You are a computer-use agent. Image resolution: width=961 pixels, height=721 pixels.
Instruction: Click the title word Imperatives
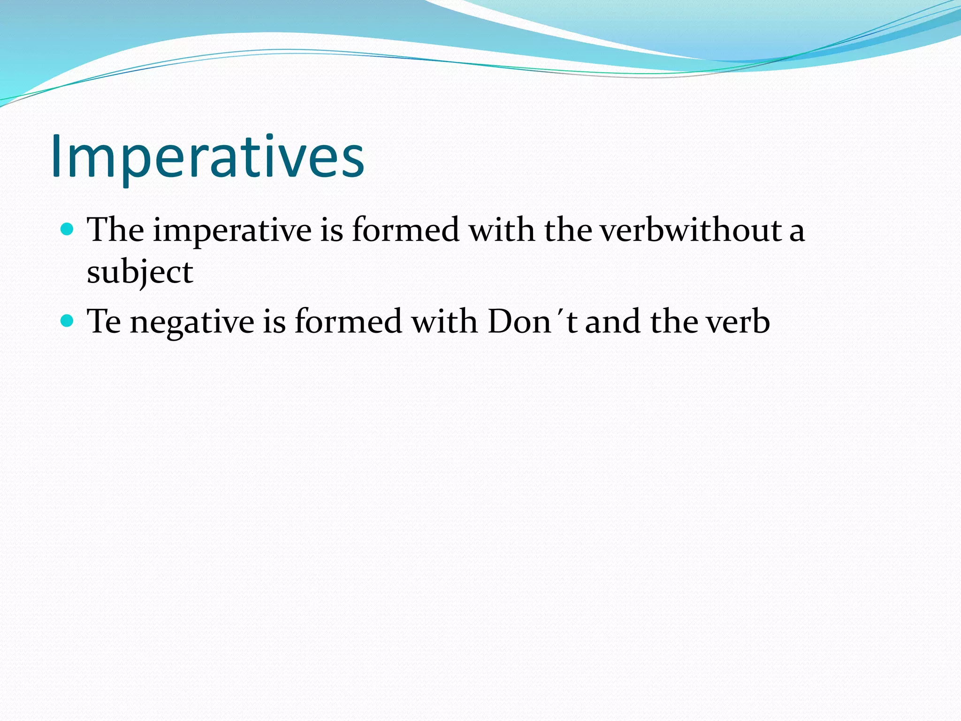click(207, 156)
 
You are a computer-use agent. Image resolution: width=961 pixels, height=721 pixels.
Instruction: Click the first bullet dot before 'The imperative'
click(68, 230)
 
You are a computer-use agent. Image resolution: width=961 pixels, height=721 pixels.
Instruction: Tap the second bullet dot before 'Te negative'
click(68, 321)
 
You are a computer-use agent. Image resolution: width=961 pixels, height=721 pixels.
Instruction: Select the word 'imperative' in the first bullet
click(232, 231)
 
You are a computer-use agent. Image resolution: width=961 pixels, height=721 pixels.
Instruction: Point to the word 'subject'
click(140, 272)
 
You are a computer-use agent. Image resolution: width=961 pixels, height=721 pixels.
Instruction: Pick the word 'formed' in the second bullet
click(348, 322)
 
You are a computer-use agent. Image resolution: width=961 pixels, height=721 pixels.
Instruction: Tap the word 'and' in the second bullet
click(612, 322)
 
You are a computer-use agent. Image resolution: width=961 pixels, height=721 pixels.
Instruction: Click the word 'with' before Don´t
click(444, 322)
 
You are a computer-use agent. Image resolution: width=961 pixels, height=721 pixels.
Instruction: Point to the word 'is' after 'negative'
click(274, 322)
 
